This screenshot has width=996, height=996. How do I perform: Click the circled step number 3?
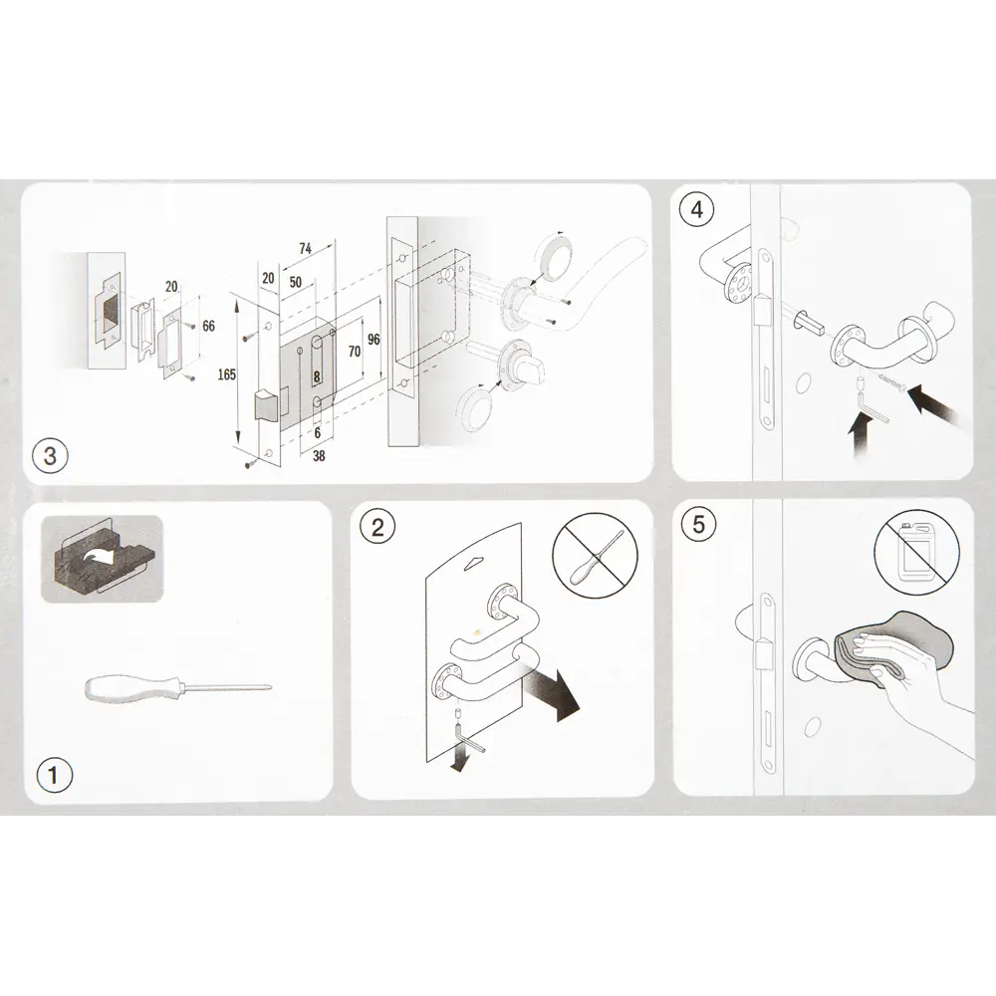click(x=50, y=456)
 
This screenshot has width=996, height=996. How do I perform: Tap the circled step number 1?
click(x=53, y=775)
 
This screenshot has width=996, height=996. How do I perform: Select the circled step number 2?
click(x=377, y=527)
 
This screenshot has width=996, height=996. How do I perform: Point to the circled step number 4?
click(x=697, y=209)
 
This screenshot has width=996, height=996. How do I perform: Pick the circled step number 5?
click(x=698, y=524)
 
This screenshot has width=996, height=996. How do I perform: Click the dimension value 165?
click(x=227, y=374)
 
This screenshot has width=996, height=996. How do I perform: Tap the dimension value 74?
click(x=305, y=248)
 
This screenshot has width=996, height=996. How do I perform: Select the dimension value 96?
click(x=373, y=340)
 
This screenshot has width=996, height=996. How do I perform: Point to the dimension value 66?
click(x=208, y=326)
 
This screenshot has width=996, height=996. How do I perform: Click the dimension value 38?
click(x=319, y=455)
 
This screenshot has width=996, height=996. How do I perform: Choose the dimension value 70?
click(x=355, y=352)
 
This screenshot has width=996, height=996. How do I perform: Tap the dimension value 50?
click(x=296, y=282)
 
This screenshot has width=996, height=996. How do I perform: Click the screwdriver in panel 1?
click(x=179, y=688)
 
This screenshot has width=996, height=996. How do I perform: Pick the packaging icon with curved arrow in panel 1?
click(x=102, y=559)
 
